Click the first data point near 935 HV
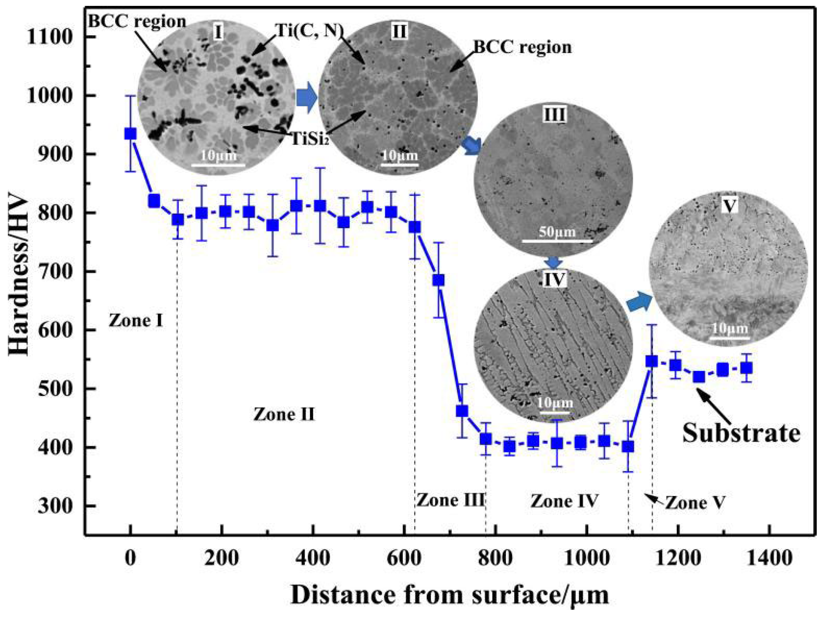pos(130,134)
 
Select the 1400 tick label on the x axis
pos(769,558)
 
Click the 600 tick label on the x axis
pos(404,558)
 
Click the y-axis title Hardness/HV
pos(19,274)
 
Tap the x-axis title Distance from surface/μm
pos(450,595)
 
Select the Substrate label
pos(741,433)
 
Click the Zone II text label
pos(284,414)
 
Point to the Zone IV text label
pos(564,501)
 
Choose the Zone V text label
pos(695,503)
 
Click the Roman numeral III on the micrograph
pos(555,115)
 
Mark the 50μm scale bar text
pos(557,232)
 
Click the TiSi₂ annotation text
pos(310,139)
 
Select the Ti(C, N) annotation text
pos(309,31)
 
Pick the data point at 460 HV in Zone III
pos(462,411)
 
